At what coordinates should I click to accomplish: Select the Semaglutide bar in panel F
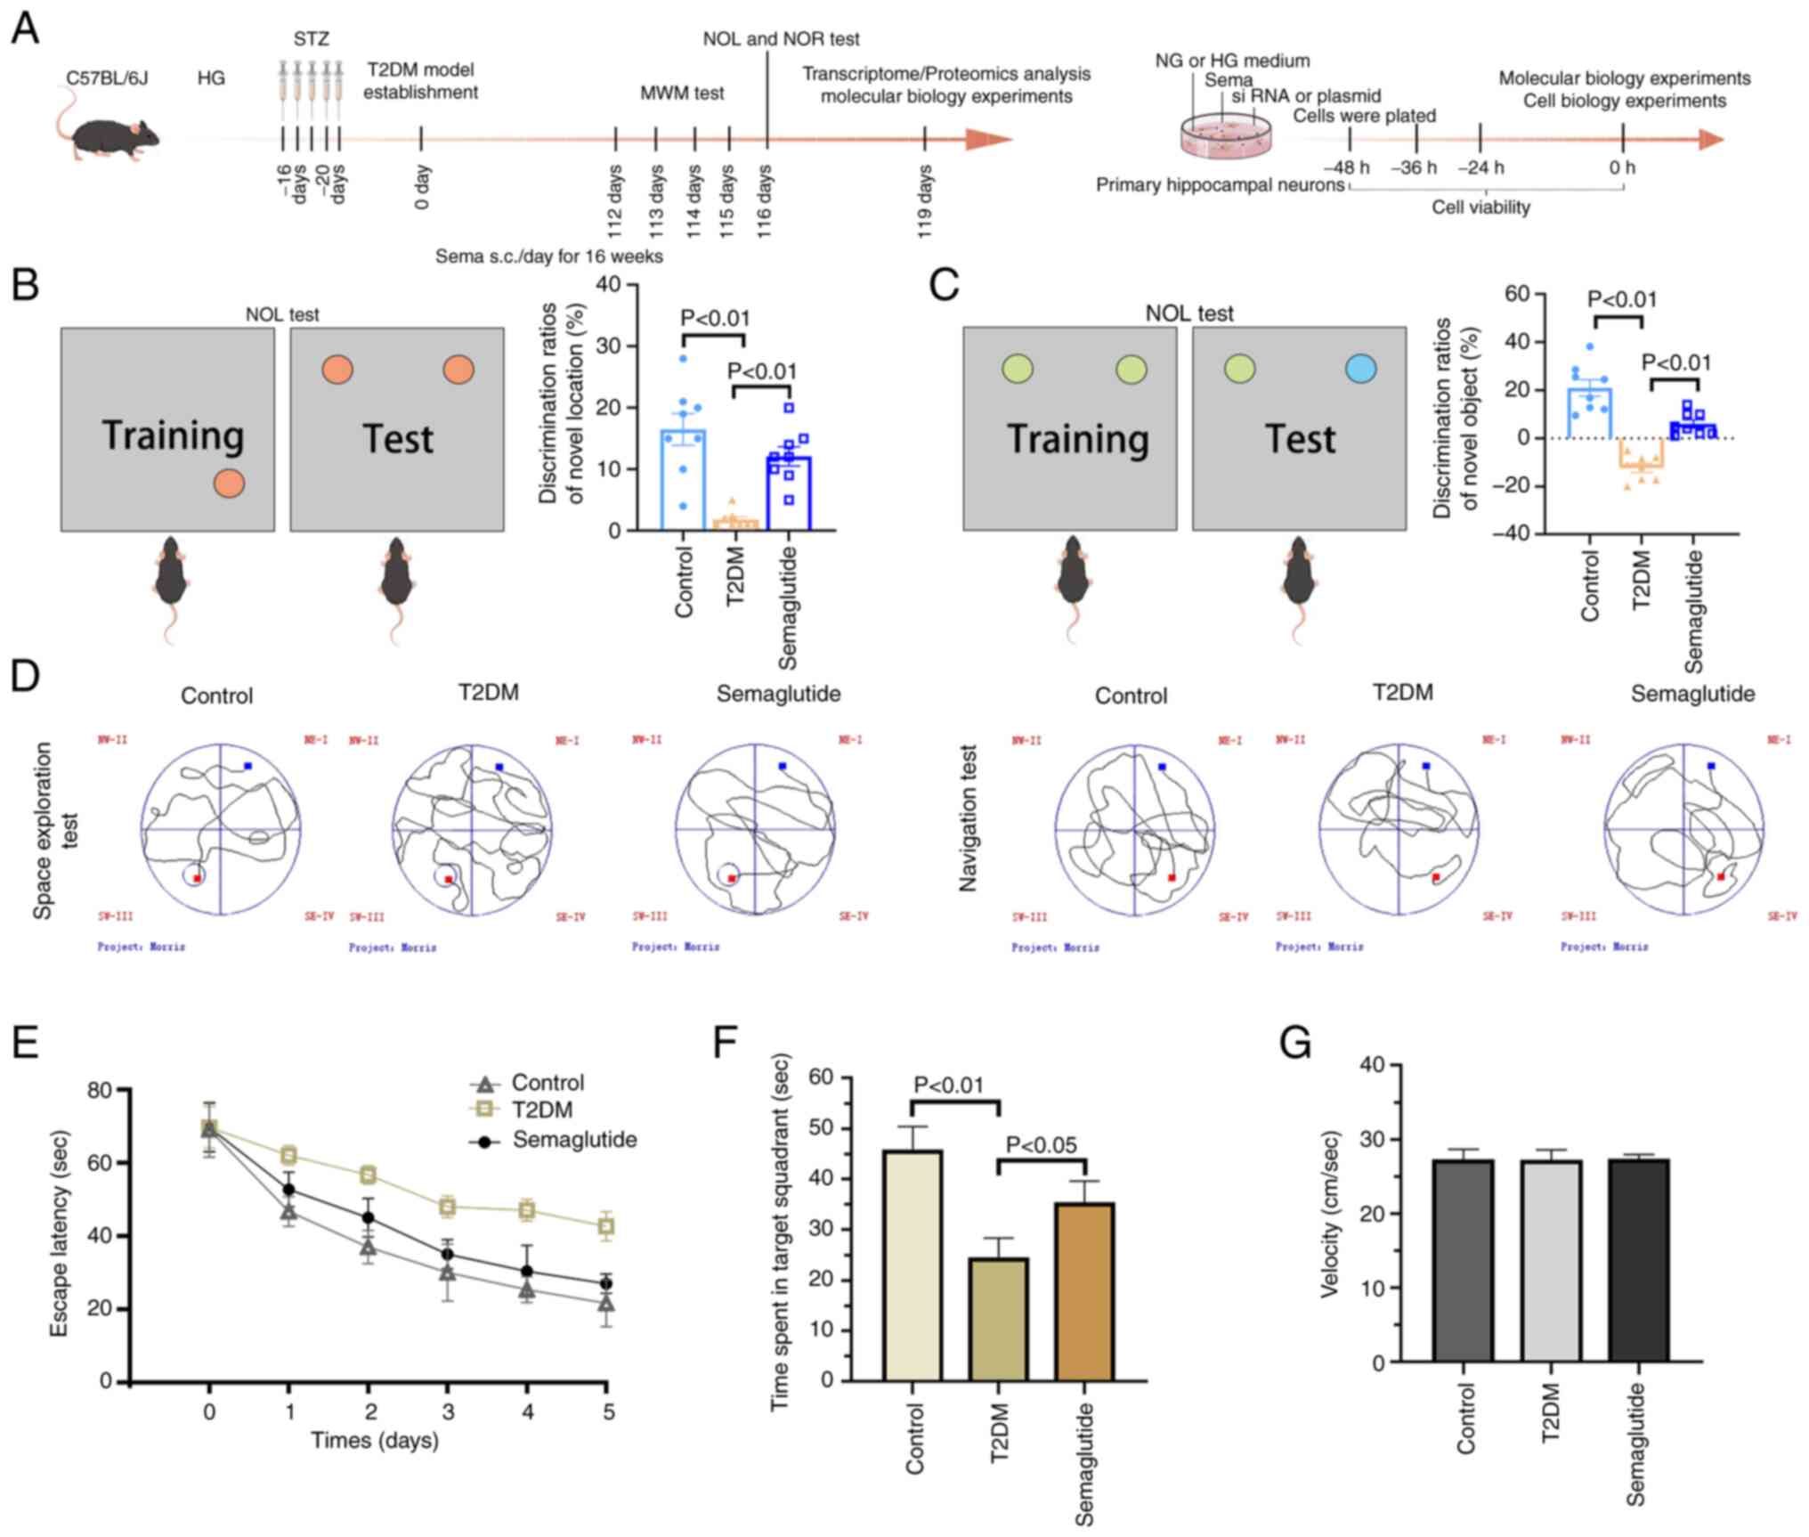(1084, 1291)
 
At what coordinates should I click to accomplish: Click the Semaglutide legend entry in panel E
(573, 1140)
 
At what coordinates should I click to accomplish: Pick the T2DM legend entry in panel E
(541, 1110)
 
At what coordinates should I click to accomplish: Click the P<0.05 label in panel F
(1041, 1145)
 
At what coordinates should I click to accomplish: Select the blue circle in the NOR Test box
(1361, 369)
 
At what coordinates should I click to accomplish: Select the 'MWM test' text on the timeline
(682, 93)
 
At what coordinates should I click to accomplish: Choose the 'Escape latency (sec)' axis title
(60, 1233)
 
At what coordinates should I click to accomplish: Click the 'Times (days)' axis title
(374, 1440)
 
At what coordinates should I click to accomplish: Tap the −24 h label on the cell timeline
(1480, 167)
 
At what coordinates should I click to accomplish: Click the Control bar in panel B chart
(683, 480)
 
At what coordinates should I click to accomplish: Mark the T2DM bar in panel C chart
(1642, 452)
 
